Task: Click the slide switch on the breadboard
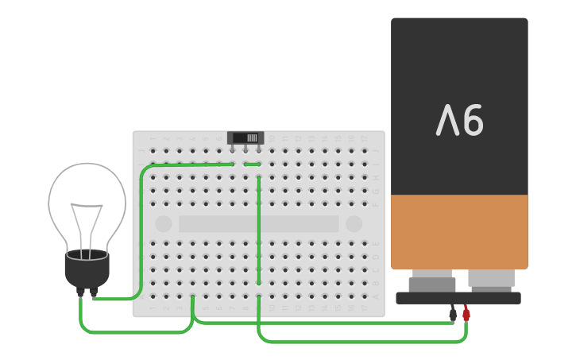click(x=245, y=138)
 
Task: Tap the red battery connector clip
click(x=466, y=314)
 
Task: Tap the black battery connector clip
click(x=453, y=314)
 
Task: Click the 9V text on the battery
click(x=460, y=121)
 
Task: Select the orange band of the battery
click(x=459, y=231)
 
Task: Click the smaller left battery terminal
click(x=432, y=281)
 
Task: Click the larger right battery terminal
click(x=491, y=279)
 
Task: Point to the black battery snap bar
click(x=458, y=298)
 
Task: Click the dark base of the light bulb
click(x=87, y=270)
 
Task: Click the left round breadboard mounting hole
click(x=164, y=224)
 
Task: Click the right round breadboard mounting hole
click(x=354, y=224)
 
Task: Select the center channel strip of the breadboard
click(x=258, y=224)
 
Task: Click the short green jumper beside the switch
click(x=252, y=165)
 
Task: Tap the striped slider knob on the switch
click(x=252, y=137)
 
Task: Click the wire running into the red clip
click(x=358, y=342)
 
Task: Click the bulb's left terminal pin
click(x=80, y=292)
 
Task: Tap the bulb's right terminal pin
click(x=94, y=292)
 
